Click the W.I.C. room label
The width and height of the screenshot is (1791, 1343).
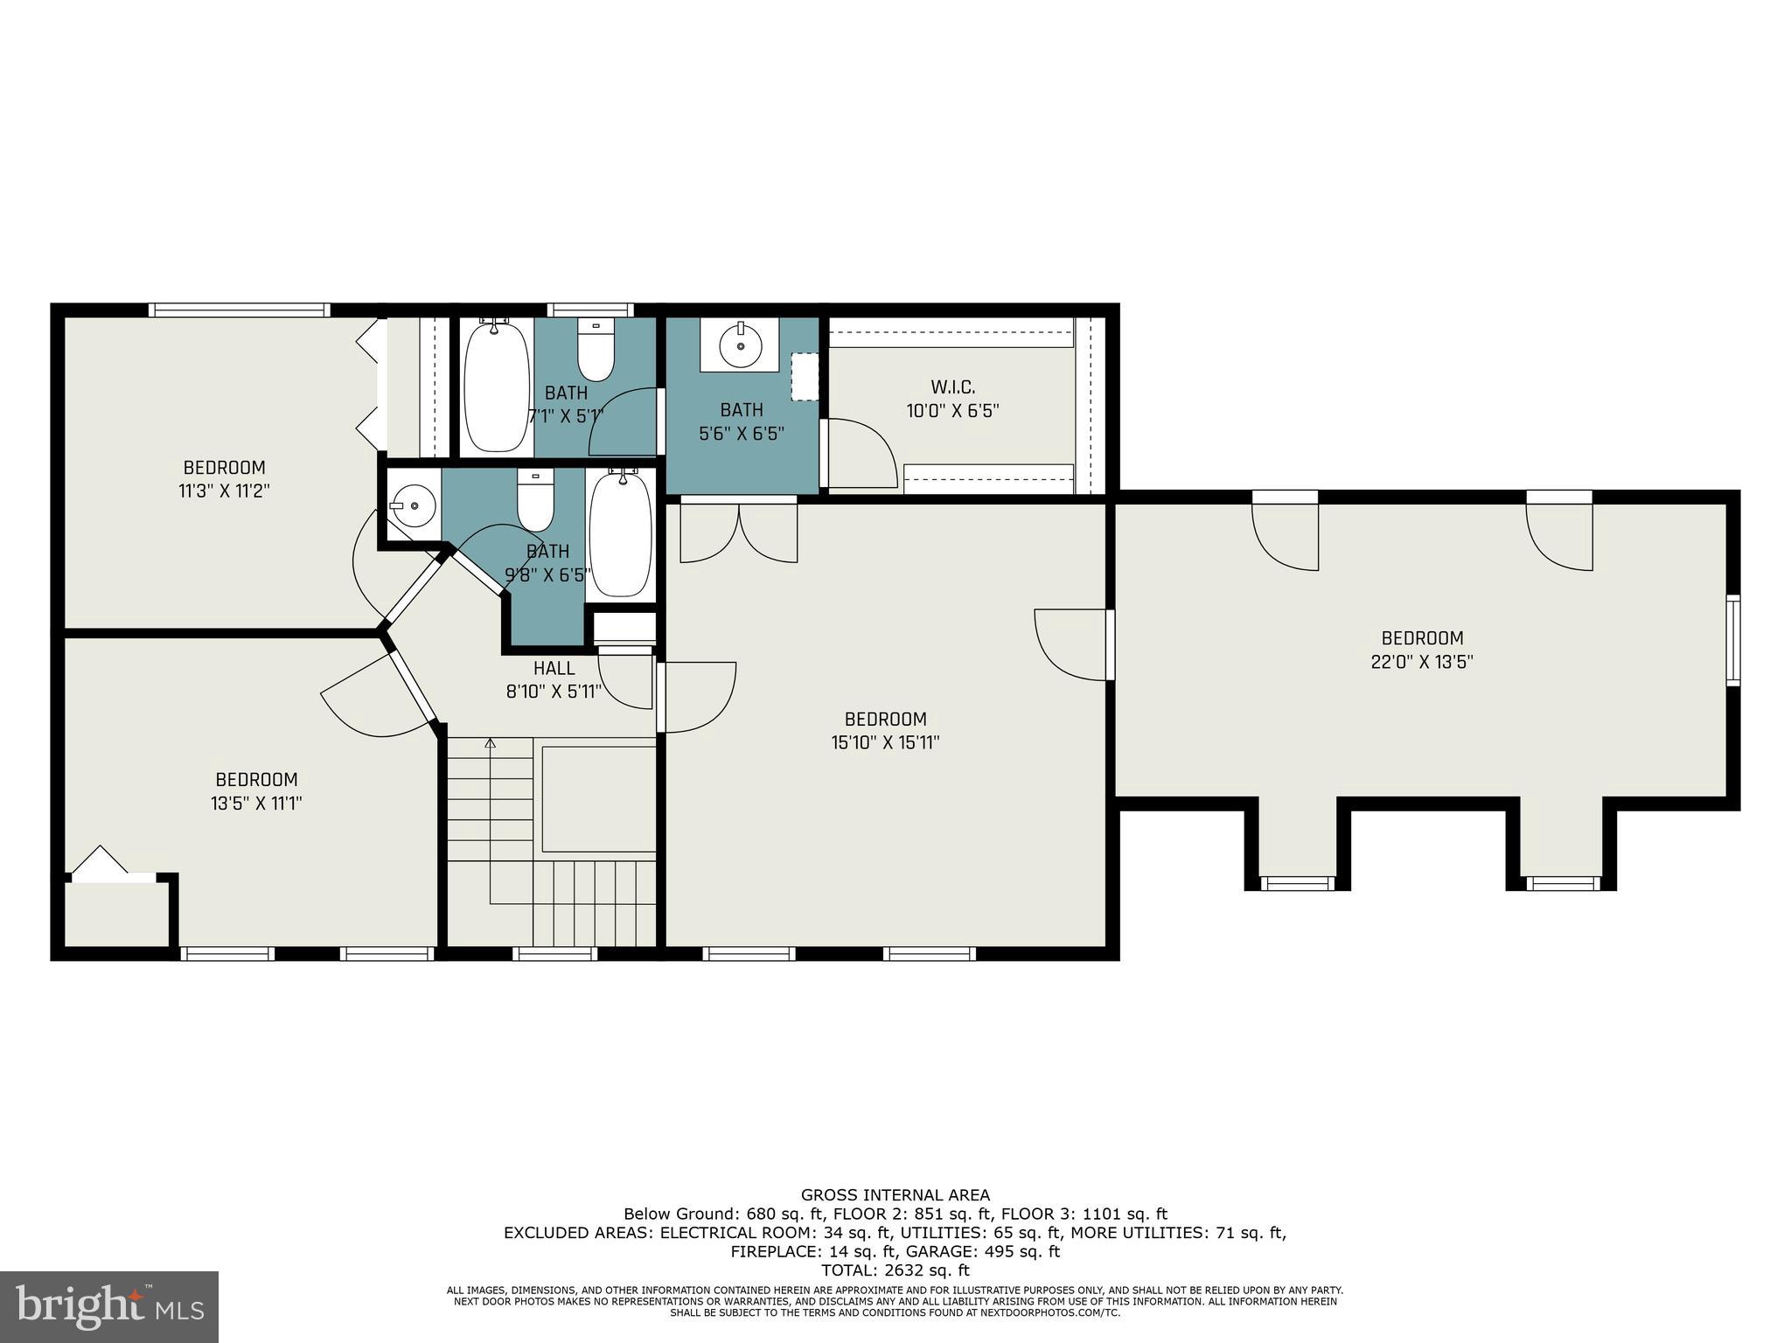coord(952,387)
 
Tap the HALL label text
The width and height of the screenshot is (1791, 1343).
coord(554,668)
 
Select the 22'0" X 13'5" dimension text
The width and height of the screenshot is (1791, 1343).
coord(1422,662)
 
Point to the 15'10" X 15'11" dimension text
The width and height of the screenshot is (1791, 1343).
coord(885,742)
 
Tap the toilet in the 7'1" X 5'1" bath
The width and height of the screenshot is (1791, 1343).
coord(596,351)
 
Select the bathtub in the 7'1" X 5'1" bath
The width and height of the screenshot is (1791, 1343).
coord(496,384)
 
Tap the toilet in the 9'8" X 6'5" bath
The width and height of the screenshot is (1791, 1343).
coord(535,501)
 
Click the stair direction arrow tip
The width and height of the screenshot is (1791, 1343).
coord(490,743)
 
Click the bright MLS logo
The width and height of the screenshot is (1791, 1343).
coord(109,1306)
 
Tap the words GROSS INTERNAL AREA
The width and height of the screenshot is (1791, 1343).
coord(895,1194)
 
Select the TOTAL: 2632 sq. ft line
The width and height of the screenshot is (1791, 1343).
coord(895,1270)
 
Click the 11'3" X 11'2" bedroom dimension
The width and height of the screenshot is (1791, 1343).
coord(224,491)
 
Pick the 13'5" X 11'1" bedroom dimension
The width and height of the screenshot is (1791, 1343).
coord(256,803)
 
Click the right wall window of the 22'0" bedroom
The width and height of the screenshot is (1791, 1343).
coord(1732,640)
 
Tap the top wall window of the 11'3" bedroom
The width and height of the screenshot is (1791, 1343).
coord(239,310)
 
